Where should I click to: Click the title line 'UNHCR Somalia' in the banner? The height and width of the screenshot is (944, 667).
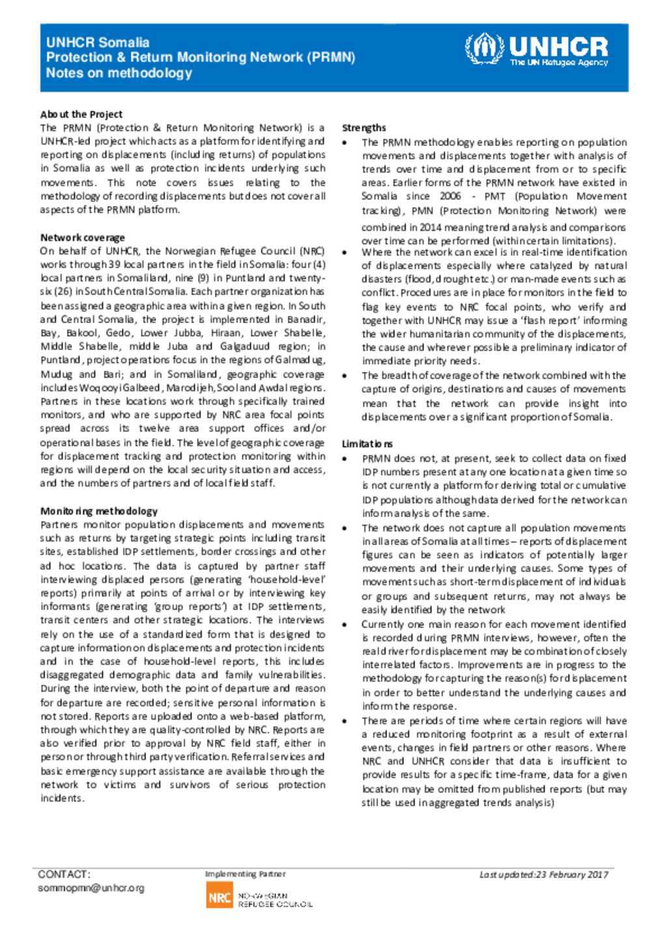click(98, 42)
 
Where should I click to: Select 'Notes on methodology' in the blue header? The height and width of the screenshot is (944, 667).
click(119, 73)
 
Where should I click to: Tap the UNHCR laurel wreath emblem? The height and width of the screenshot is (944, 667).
click(484, 49)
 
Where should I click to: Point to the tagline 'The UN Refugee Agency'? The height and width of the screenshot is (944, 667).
click(559, 63)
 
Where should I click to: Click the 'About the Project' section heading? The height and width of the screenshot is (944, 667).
click(81, 114)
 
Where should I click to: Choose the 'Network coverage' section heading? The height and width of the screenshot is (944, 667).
click(83, 238)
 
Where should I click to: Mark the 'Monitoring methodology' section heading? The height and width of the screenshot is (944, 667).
click(99, 511)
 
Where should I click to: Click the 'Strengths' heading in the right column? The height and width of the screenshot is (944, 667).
click(364, 128)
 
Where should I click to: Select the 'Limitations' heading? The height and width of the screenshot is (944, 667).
click(367, 444)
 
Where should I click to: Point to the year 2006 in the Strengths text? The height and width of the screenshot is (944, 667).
click(450, 196)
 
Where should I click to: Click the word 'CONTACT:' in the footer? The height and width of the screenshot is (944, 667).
click(64, 874)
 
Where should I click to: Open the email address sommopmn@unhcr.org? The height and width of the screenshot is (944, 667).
click(91, 888)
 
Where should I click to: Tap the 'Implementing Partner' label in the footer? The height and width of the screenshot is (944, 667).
click(245, 874)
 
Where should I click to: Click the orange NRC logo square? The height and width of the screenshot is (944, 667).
click(220, 897)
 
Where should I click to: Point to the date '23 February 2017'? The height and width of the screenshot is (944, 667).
click(571, 875)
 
